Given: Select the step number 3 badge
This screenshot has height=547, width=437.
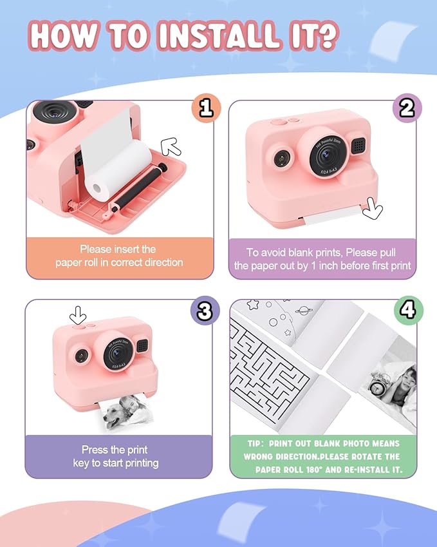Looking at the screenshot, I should tap(205, 311).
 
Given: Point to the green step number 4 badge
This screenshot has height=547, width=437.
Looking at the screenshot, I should tap(406, 311).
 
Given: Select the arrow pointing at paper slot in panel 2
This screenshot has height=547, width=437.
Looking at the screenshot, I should tap(373, 209).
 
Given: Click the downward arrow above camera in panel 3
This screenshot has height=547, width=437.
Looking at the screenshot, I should tap(79, 316).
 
